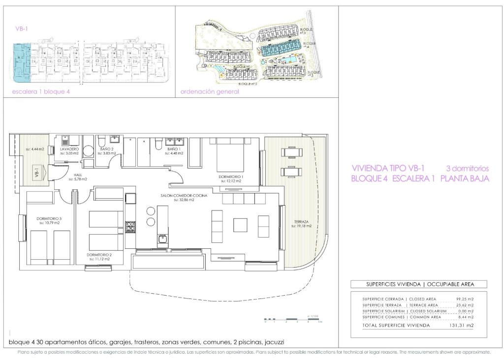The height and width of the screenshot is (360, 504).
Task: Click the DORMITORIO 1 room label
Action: point(231,176)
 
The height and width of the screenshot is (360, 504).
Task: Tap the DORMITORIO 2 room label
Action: point(99,255)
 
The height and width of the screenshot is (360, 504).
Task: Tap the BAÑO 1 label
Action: point(174,149)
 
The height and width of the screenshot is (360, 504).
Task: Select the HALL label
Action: point(77,174)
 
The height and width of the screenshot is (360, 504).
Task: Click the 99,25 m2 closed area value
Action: point(463,299)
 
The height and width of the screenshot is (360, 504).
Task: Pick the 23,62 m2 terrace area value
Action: point(463,305)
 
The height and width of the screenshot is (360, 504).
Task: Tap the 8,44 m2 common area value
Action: point(464,317)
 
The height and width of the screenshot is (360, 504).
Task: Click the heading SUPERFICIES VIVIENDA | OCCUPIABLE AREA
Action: point(419,284)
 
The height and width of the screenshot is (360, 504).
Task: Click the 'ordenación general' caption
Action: point(210,92)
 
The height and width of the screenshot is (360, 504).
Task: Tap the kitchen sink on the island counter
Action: point(162,240)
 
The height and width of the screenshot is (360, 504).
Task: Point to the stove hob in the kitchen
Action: point(131,227)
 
